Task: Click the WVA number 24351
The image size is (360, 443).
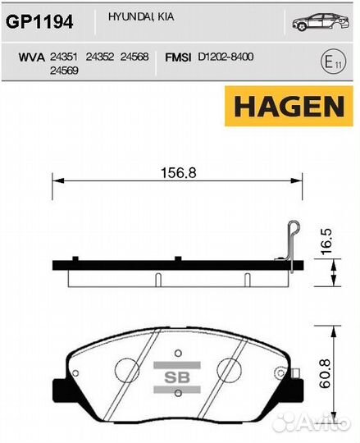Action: (64, 57)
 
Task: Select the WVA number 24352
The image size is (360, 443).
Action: (99, 57)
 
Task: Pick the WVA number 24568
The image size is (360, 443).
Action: (134, 57)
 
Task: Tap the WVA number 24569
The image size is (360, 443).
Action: (64, 71)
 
